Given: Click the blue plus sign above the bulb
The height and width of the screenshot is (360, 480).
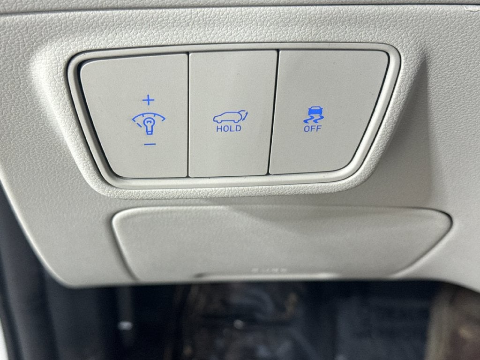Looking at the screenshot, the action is [149, 100].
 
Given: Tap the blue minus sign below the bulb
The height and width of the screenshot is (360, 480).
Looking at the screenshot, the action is [150, 144].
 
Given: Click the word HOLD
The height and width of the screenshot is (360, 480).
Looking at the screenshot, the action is [229, 128].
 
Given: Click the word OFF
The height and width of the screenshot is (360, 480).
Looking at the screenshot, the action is [312, 128].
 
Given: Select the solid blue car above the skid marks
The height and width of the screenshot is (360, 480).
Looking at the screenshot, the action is [313, 112].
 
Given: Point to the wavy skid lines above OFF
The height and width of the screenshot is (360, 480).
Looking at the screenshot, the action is [313, 120].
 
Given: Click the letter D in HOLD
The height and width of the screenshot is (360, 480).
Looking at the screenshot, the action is [238, 128].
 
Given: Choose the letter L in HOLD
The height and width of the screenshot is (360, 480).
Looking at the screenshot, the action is [232, 128].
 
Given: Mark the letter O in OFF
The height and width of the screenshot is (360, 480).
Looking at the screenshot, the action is [307, 128].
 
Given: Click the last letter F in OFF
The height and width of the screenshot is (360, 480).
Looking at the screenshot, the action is [319, 128].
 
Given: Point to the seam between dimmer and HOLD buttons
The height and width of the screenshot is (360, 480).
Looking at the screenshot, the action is [188, 115].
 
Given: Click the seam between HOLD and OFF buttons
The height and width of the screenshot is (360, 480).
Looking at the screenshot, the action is [274, 112].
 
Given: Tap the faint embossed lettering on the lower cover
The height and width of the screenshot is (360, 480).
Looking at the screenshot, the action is [270, 270].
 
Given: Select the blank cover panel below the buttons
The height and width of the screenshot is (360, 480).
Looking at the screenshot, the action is [282, 242].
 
